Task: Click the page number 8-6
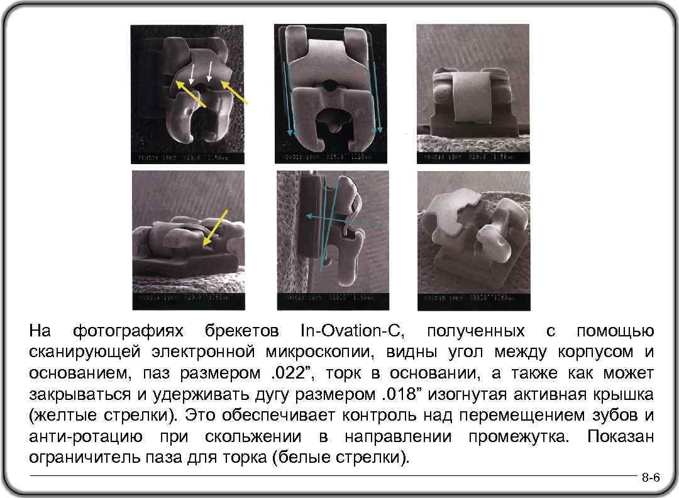tap(650, 479)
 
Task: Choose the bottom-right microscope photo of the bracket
tap(473, 240)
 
